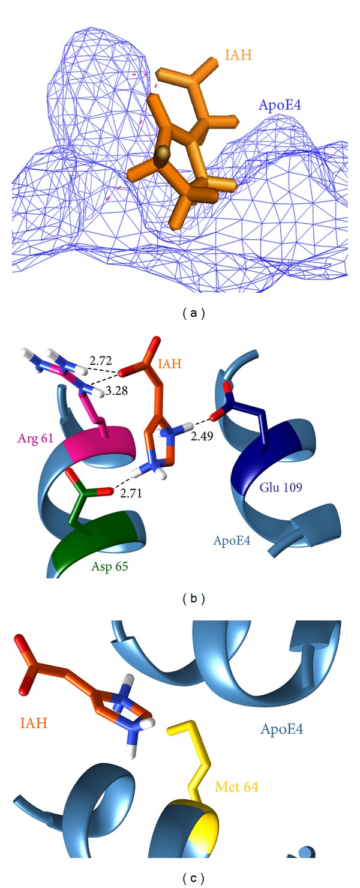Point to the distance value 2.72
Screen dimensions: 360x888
(x=100, y=361)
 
